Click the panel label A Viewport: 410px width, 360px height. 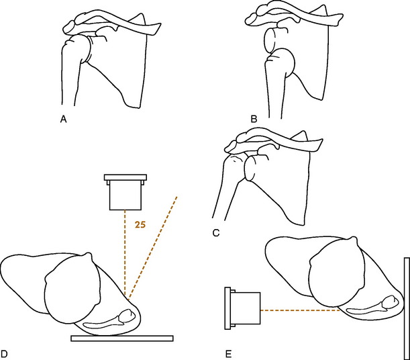point(63,120)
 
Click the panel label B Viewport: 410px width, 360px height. point(254,120)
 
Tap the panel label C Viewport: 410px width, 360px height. point(216,233)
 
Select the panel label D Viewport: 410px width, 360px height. point(4,354)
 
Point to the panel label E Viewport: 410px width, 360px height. point(228,354)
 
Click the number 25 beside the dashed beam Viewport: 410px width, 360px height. point(140,225)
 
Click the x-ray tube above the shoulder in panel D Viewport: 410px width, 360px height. point(125,192)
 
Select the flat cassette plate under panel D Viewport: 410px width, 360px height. point(122,339)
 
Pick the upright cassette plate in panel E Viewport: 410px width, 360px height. point(407,309)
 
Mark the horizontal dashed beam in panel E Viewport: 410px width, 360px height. point(300,310)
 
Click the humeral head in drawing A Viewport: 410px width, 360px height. point(77,49)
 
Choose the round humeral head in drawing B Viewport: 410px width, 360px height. point(280,62)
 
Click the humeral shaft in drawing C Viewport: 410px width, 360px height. point(225,199)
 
